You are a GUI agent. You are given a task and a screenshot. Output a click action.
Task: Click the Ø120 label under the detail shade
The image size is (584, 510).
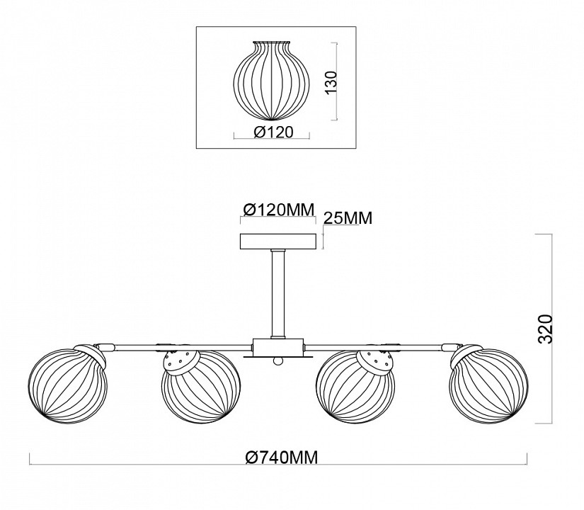pos(273,131)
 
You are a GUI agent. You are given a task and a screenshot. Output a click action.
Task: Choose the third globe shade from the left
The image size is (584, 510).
pos(353,393)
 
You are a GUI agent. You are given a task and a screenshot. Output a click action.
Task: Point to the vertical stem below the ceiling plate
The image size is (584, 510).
pos(277,294)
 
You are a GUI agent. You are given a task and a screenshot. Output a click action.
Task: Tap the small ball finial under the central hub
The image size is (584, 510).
pos(278,362)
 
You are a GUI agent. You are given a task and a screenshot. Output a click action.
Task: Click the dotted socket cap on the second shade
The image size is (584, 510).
pos(181,361)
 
